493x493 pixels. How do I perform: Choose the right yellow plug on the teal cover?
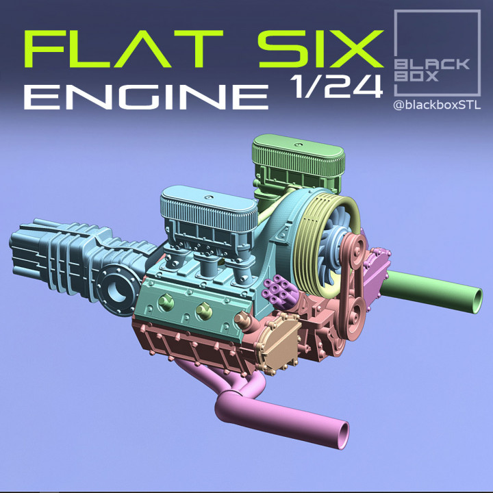203,311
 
